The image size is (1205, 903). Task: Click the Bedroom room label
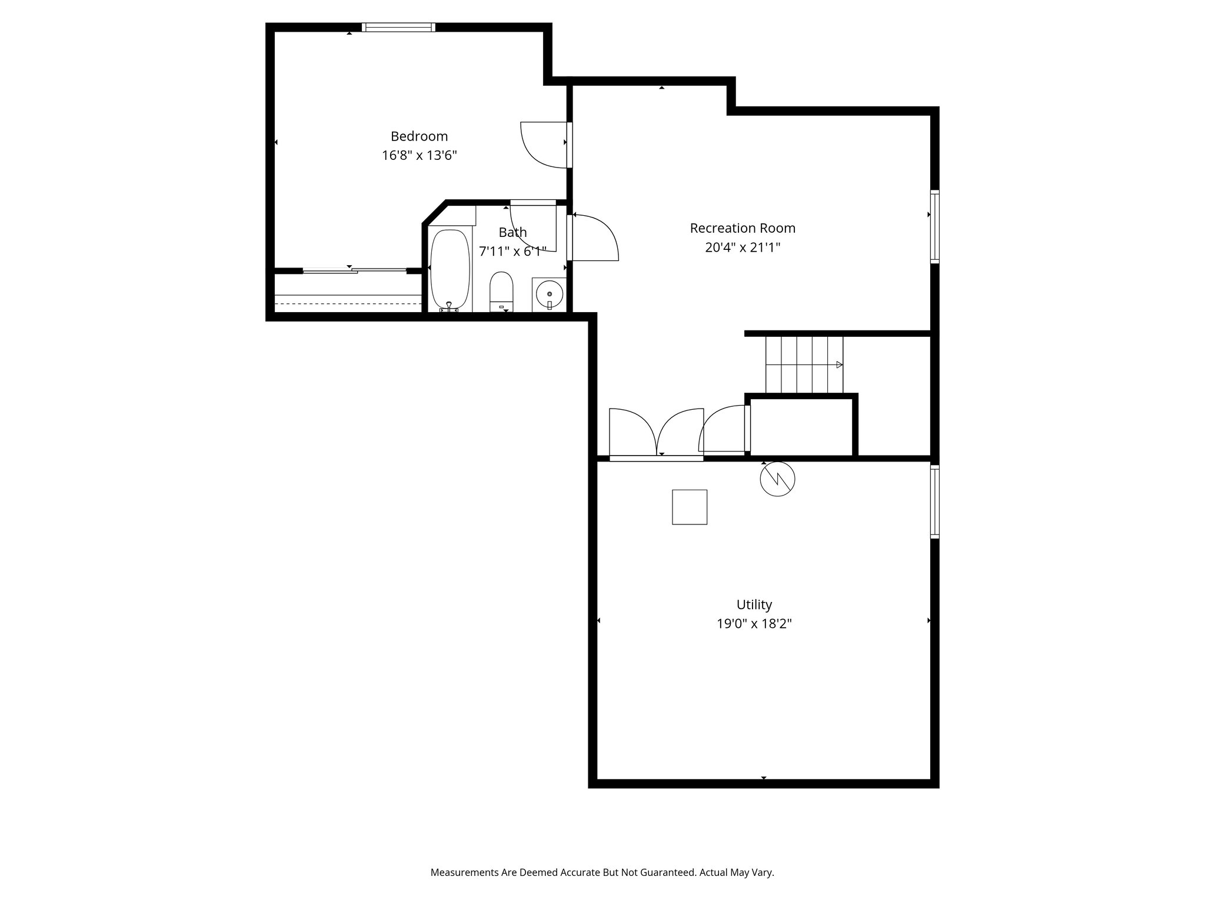click(x=419, y=136)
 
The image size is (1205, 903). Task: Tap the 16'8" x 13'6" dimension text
click(x=419, y=156)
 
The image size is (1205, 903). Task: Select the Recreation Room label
click(x=743, y=228)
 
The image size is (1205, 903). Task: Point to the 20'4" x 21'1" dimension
click(x=743, y=248)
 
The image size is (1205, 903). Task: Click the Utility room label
click(x=754, y=604)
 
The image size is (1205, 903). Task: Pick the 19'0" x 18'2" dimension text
click(x=754, y=624)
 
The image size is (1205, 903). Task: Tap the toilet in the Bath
click(x=501, y=290)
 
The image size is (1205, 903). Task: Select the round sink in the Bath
click(x=549, y=293)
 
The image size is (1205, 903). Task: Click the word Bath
click(x=512, y=232)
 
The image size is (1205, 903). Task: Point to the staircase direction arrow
click(x=838, y=364)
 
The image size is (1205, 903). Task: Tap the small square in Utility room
click(x=690, y=507)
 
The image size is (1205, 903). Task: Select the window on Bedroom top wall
click(x=398, y=27)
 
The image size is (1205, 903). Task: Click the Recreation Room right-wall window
click(x=934, y=226)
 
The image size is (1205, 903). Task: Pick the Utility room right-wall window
click(x=934, y=501)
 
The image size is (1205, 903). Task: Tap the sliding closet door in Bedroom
click(x=354, y=270)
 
